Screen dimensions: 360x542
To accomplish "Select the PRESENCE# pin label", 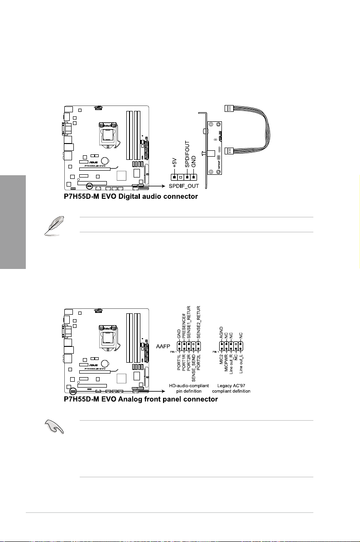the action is click(x=185, y=326).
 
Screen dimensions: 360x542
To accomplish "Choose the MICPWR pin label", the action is click(x=226, y=366).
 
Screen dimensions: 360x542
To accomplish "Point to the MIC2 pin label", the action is click(x=221, y=362).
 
